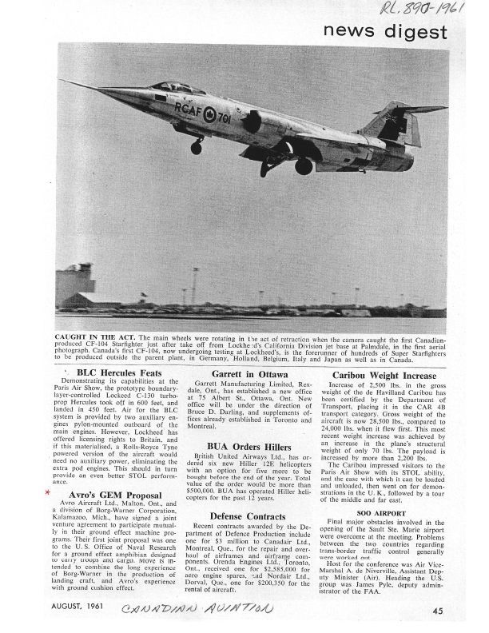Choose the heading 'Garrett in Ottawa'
[x=244, y=374]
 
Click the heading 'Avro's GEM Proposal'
[x=110, y=495]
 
